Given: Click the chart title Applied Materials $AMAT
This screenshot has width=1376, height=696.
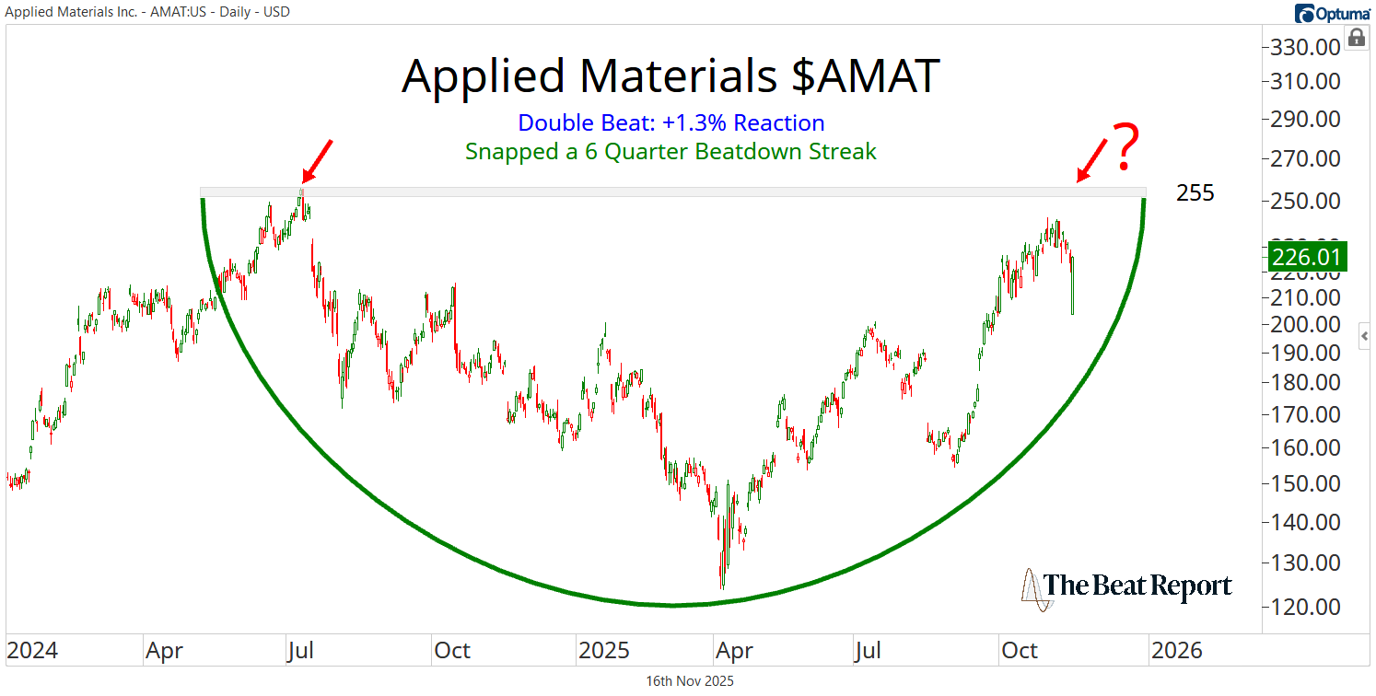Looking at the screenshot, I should point(671,76).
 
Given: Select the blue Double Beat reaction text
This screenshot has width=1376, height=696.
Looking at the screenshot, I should point(671,122).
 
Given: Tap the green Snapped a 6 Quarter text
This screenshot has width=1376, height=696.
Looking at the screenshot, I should point(671,151).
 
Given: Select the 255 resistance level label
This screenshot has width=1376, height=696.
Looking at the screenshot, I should point(1195,193).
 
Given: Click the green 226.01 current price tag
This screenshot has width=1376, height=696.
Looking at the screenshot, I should point(1308,256).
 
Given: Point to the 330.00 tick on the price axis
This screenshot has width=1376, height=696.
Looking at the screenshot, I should point(1307,47).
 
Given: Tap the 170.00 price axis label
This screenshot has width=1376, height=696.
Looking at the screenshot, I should point(1307,414).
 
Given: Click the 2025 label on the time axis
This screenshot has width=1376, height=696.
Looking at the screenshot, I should point(604,651).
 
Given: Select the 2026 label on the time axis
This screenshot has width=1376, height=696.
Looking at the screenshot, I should point(1177,651).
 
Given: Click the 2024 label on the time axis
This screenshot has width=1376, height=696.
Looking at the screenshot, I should point(32,651).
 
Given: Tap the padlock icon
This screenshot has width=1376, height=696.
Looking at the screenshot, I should point(1357,38).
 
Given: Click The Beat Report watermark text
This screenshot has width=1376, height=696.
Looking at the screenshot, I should point(1137,586).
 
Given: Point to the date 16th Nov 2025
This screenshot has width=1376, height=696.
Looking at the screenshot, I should point(689,681).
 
